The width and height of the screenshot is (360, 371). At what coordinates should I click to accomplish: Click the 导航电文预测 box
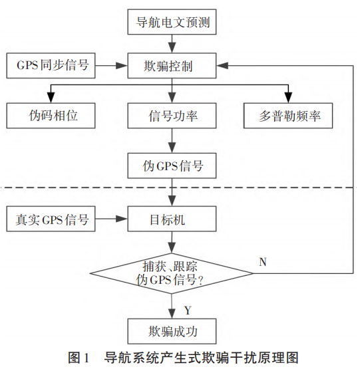(172, 23)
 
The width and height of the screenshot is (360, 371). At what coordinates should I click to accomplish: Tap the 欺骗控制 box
(172, 65)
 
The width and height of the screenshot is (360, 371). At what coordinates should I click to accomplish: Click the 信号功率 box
(172, 116)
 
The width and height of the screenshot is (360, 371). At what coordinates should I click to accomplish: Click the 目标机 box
(172, 218)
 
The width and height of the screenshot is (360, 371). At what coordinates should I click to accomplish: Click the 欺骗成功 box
(172, 330)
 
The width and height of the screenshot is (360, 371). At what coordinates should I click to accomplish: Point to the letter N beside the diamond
(262, 261)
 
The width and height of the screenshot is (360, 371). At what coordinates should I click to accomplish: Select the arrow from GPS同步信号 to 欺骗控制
(112, 65)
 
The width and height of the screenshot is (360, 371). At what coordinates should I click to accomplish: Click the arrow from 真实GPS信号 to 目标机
(112, 218)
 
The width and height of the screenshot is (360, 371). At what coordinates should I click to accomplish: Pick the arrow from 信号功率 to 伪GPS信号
(172, 140)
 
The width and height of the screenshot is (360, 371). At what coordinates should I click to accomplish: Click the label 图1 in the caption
(78, 359)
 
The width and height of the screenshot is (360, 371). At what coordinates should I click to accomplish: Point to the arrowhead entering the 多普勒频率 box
(287, 96)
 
